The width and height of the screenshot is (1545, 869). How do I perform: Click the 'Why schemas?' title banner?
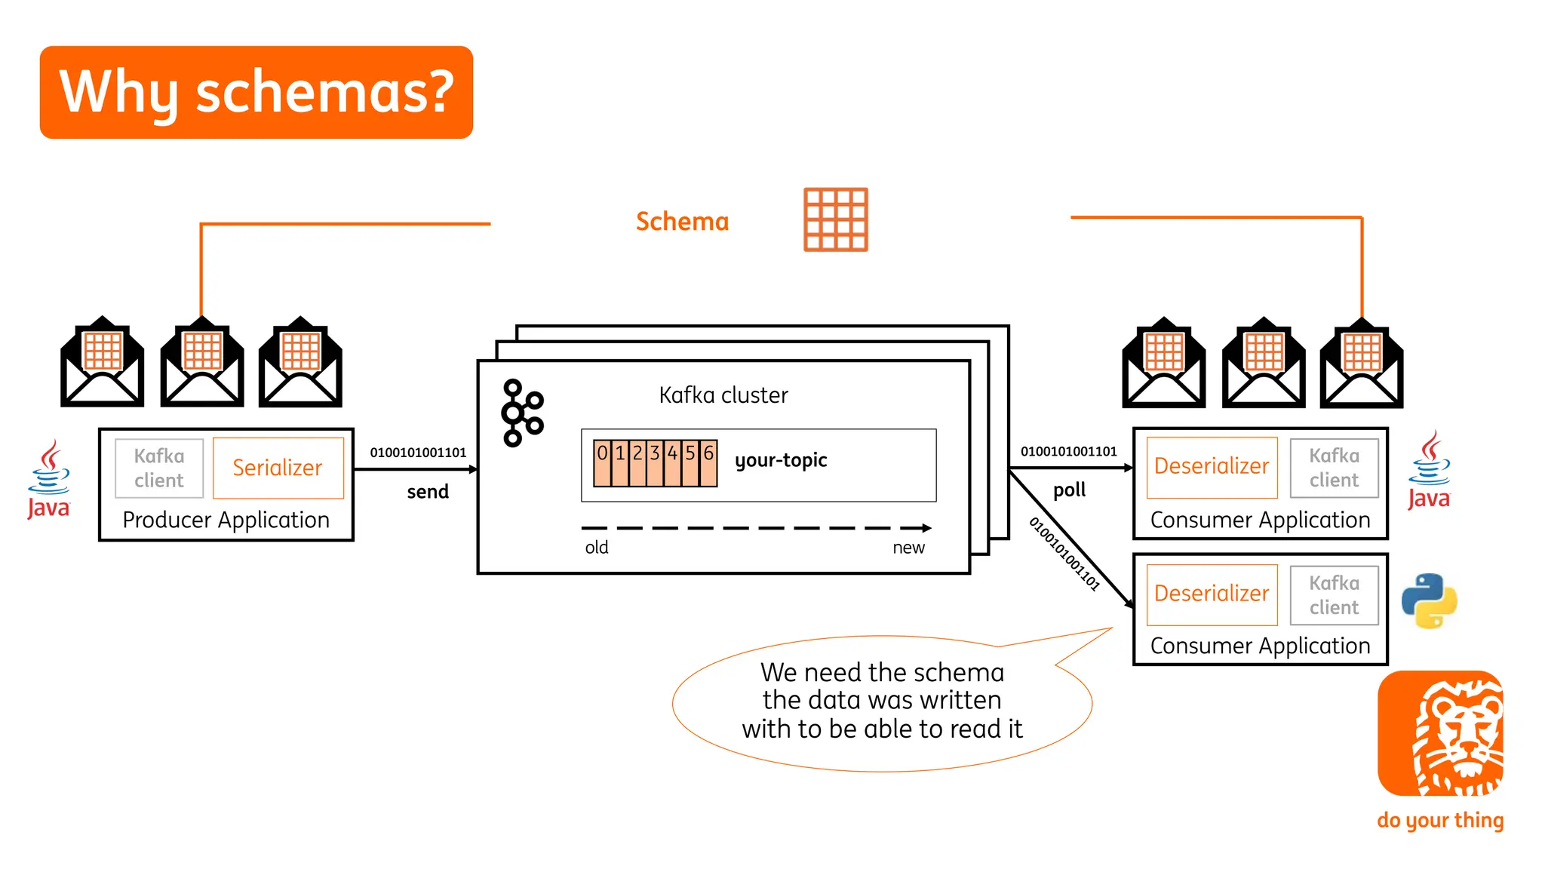(x=256, y=92)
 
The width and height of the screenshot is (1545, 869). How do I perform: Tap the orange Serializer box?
(x=278, y=468)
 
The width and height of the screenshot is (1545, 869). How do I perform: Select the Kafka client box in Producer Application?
(x=159, y=468)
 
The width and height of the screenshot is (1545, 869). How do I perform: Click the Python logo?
(x=1429, y=600)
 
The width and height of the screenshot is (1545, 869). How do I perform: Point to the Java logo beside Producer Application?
(x=49, y=480)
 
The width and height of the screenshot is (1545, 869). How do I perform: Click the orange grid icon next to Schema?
(x=835, y=220)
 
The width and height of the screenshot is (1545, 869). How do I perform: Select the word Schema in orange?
(x=682, y=222)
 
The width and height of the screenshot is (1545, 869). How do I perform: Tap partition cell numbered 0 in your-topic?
(x=602, y=462)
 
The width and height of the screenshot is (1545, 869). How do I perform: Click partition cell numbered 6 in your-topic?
(x=708, y=462)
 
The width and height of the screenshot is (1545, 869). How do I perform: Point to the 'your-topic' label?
(x=781, y=460)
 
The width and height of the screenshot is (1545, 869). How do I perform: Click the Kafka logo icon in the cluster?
(x=522, y=413)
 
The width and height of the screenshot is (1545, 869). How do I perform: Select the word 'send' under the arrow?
(x=428, y=492)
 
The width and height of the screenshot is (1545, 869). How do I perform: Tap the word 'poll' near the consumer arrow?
(x=1069, y=490)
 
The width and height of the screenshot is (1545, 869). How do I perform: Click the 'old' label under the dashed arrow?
(x=596, y=548)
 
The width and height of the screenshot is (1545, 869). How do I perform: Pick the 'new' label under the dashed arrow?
(x=908, y=548)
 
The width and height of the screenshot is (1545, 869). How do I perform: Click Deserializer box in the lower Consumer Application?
(x=1212, y=594)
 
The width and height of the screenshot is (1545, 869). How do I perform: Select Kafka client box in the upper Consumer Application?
(x=1334, y=468)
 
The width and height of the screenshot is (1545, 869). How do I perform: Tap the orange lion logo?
(x=1440, y=733)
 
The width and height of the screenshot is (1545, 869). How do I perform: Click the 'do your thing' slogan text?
(x=1440, y=820)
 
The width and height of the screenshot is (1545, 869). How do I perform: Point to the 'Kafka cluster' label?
(x=723, y=395)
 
